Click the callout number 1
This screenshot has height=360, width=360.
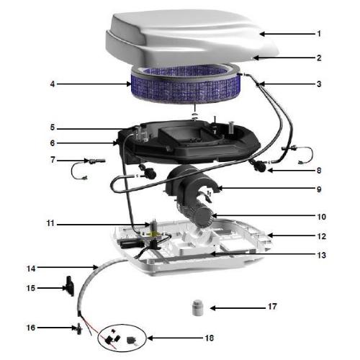(x=319, y=34)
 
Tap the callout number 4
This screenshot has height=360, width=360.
(x=53, y=84)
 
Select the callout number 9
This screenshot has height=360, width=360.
(x=319, y=189)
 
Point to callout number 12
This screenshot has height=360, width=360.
(x=322, y=236)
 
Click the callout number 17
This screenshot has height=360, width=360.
(x=272, y=307)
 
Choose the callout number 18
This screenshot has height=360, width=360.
(x=210, y=338)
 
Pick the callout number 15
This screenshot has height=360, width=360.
(x=31, y=288)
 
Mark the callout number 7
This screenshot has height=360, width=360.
(x=53, y=160)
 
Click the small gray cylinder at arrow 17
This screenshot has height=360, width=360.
(x=197, y=307)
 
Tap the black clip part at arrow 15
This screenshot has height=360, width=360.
(x=70, y=286)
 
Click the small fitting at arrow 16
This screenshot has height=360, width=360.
(x=78, y=328)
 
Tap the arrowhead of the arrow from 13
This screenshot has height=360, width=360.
(x=212, y=253)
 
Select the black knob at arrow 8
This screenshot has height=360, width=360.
(x=258, y=165)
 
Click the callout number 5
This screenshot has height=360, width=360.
(x=53, y=127)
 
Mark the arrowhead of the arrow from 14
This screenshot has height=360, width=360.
(x=96, y=266)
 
